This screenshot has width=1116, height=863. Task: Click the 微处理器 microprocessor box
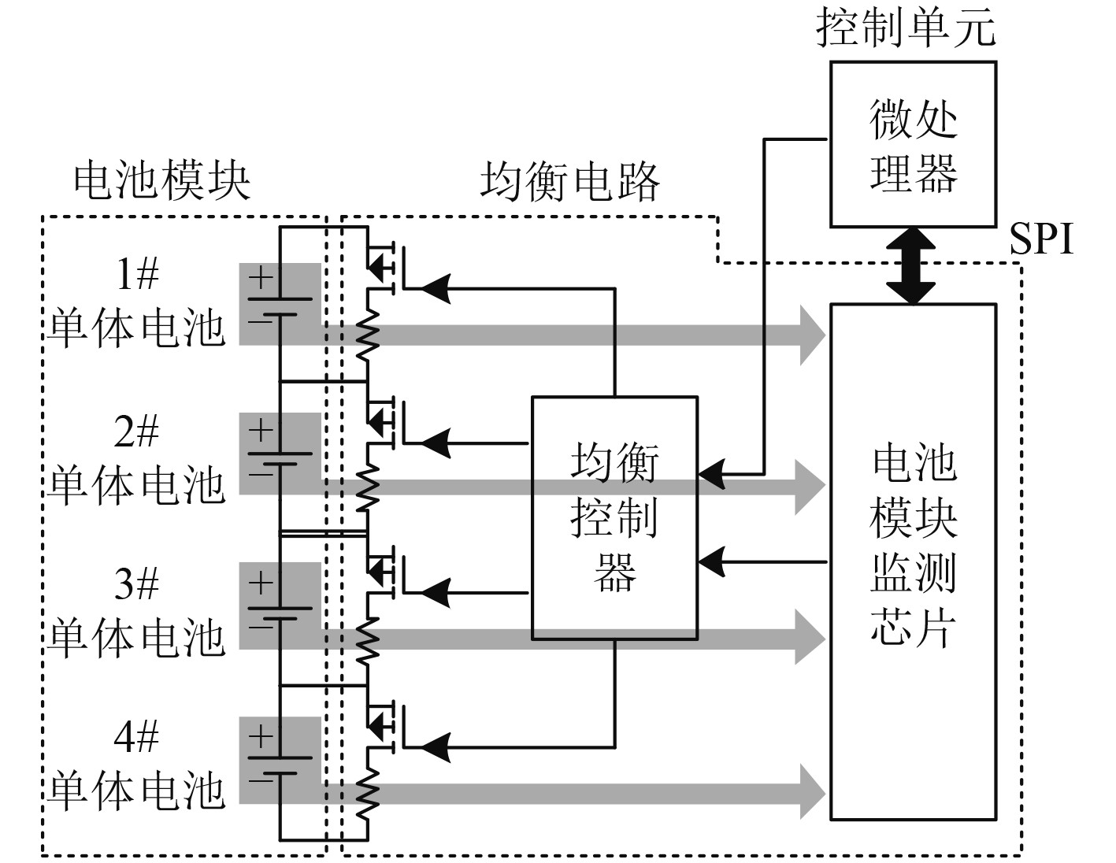tap(913, 144)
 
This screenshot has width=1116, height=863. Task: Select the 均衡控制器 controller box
tap(614, 517)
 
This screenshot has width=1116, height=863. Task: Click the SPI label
tap(1041, 239)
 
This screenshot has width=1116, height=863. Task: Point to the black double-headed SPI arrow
tap(913, 266)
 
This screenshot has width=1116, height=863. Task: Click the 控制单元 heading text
tap(906, 28)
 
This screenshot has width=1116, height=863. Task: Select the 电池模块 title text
tap(162, 181)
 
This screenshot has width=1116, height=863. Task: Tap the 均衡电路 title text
tap(569, 182)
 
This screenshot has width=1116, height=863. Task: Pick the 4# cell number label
tap(136, 736)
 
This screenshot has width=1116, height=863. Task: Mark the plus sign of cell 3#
tap(261, 583)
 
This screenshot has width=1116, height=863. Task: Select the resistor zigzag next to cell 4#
tap(368, 794)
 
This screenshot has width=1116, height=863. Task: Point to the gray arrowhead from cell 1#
tap(813, 335)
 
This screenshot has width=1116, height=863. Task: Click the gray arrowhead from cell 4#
tap(813, 793)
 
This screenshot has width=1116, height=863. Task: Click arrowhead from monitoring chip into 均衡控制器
tap(712, 562)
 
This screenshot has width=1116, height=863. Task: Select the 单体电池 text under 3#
tap(136, 638)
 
